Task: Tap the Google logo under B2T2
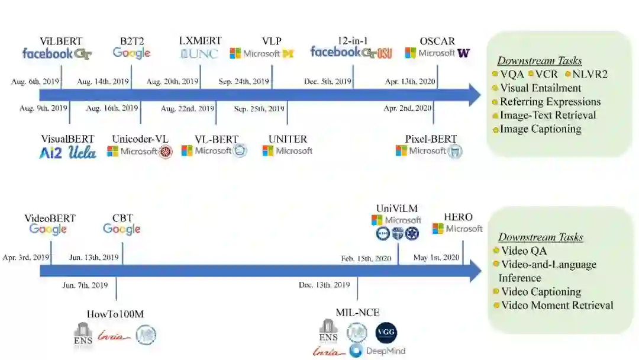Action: coord(131,53)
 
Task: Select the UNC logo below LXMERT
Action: coord(199,54)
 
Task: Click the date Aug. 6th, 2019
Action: coord(35,81)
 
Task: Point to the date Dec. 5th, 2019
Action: coord(328,81)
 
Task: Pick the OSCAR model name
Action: coord(437,41)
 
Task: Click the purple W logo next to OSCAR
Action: coord(463,53)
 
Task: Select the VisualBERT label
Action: coord(67,139)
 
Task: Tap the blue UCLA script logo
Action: coord(82,152)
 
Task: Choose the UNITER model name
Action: coord(288,139)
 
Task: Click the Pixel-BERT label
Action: coord(431,139)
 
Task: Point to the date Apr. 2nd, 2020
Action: coord(408,108)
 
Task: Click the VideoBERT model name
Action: coord(50,218)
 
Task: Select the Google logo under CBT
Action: coord(122,230)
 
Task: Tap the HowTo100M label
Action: coord(115,314)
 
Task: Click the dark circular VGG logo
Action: coord(386,333)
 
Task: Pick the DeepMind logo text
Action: coord(385,351)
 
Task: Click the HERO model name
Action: coord(459,217)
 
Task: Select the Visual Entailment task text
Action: coord(540,88)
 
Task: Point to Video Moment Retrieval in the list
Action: coord(557,306)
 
